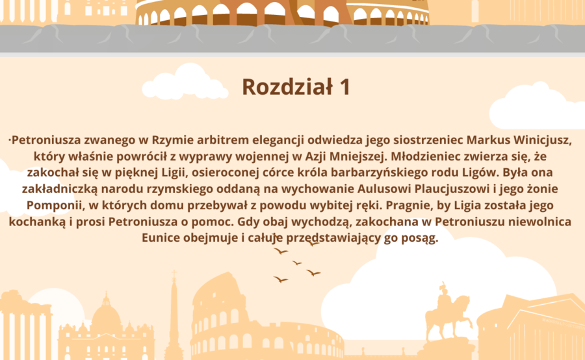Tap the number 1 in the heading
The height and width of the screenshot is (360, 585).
[344, 87]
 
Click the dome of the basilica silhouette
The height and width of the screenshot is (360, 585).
[106, 316]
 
